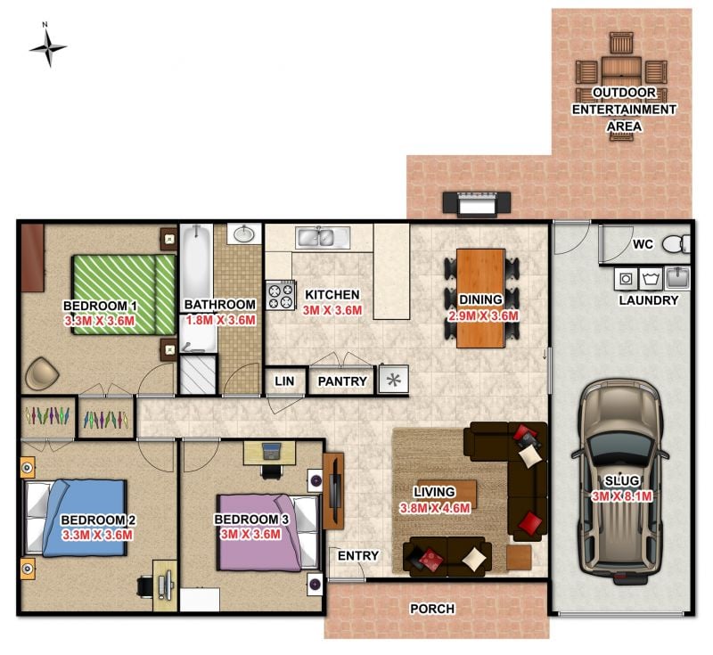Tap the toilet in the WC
(676, 244)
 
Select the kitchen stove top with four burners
(280, 296)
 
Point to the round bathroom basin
(244, 234)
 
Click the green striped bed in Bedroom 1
(124, 294)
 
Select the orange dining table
(480, 299)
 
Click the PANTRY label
(342, 381)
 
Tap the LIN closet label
(284, 381)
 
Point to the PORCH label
(432, 609)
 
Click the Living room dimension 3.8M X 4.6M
(435, 508)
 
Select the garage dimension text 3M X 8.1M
(621, 496)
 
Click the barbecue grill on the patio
(477, 202)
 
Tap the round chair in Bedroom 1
(42, 373)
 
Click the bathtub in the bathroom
(197, 288)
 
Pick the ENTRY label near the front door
(358, 555)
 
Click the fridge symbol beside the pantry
(393, 379)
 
